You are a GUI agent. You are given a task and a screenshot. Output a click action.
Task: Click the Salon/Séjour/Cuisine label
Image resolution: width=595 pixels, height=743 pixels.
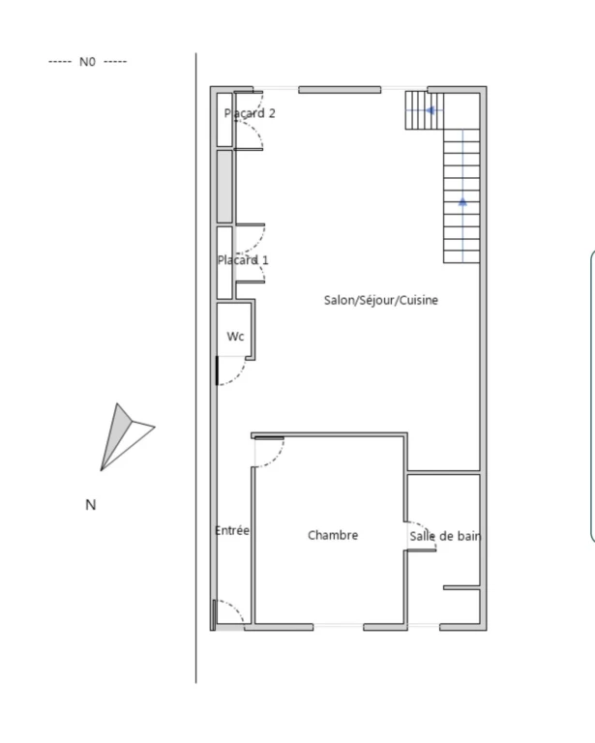381,300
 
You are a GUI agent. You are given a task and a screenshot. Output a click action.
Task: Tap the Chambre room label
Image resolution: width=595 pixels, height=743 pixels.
333,535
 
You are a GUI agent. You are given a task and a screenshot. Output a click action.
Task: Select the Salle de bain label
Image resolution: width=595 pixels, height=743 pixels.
445,536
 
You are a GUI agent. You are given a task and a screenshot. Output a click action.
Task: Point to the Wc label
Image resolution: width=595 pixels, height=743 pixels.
235,337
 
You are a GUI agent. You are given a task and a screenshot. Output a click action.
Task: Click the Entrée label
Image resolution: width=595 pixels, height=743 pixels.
232,530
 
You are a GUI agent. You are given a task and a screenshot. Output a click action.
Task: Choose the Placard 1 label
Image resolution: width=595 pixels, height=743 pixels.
243,259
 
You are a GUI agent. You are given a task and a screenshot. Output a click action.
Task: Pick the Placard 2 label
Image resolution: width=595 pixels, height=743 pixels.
250,113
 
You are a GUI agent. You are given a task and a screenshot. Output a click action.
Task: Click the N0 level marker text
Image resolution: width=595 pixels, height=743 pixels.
87,62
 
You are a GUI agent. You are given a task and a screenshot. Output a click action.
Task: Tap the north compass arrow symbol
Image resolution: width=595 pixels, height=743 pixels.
127,436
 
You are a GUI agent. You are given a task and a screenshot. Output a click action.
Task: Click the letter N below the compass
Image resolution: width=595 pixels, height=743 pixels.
91,505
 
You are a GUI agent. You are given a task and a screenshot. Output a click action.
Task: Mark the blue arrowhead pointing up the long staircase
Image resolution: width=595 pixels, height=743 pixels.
462,202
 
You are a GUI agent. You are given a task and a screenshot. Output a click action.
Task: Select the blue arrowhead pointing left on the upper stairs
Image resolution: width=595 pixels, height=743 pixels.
431,110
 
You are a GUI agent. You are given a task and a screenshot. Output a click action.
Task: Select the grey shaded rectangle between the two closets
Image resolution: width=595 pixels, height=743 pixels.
224,186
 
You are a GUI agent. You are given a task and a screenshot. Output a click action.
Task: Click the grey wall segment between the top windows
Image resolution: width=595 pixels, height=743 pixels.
340,90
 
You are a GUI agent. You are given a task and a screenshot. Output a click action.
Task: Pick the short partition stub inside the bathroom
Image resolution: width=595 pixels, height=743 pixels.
461,587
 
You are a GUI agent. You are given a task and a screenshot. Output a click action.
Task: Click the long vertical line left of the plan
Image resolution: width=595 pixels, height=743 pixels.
196,368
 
